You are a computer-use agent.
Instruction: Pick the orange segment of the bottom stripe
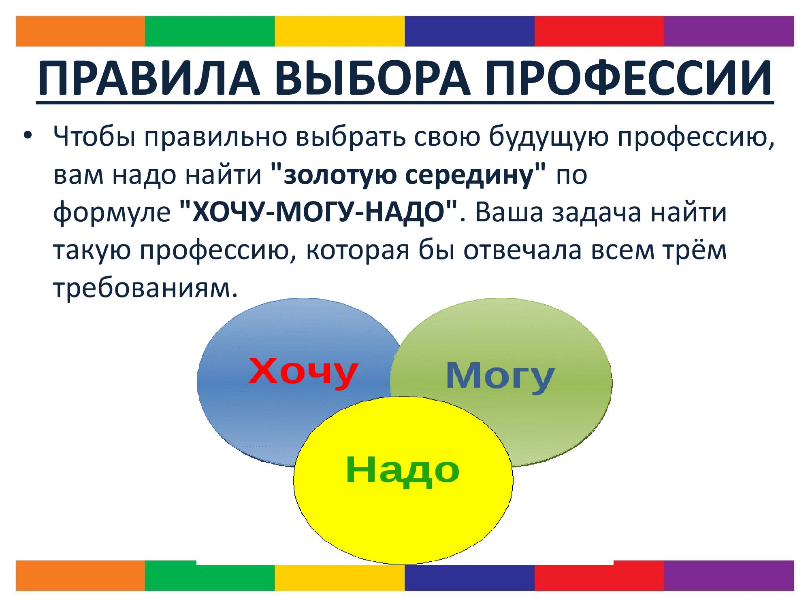pyautogui.click(x=80, y=576)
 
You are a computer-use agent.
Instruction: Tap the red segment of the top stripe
pyautogui.click(x=599, y=31)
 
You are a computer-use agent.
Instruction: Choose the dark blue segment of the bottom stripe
pyautogui.click(x=470, y=576)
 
